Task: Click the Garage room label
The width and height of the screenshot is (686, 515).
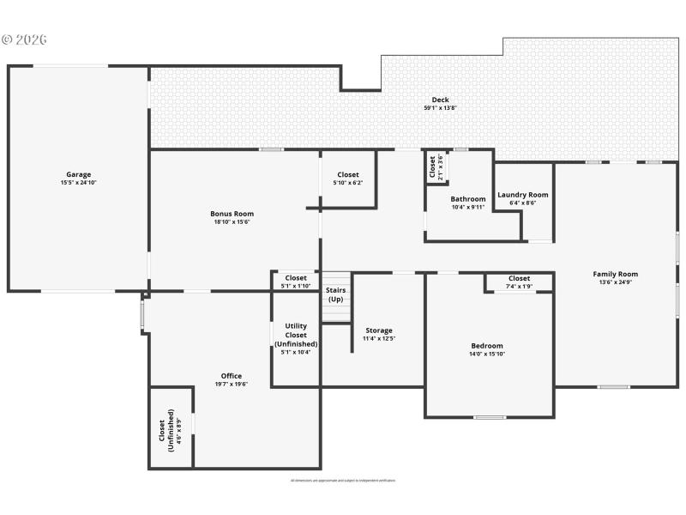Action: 79,174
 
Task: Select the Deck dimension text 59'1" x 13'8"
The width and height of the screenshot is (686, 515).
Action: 440,108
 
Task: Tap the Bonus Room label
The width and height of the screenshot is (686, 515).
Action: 232,214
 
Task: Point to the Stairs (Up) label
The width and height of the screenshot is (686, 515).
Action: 336,294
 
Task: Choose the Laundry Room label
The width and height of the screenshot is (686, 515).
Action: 522,195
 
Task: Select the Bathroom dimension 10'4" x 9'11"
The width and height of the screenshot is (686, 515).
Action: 468,207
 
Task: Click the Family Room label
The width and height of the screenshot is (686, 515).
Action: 615,275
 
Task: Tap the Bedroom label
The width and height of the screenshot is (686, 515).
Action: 487,346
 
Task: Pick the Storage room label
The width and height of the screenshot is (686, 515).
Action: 379,330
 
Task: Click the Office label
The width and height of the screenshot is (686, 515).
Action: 232,376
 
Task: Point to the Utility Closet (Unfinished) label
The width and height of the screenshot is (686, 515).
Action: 296,335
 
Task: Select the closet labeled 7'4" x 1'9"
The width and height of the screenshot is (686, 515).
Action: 519,282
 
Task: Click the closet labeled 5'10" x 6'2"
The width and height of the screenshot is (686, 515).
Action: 348,178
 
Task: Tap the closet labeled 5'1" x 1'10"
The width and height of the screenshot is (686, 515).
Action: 296,282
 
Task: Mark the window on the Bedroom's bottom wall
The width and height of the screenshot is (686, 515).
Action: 489,417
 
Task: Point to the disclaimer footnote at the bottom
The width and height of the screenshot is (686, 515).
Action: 343,481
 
